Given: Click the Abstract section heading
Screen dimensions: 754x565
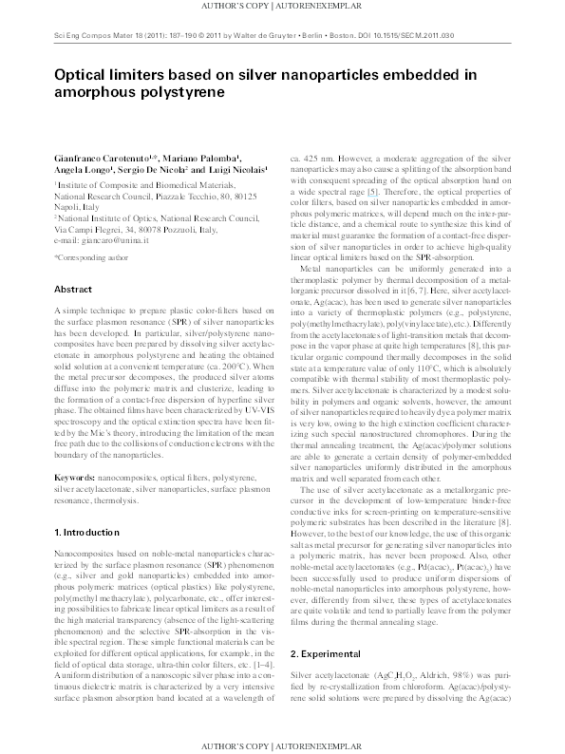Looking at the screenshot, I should click(72, 288).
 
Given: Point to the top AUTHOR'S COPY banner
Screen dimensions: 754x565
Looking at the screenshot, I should click(282, 7).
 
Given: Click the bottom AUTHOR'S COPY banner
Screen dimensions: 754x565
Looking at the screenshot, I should click(282, 746).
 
